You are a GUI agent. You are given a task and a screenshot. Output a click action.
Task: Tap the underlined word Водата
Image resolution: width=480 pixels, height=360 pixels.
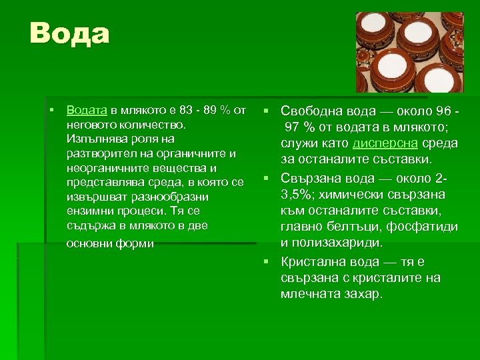87,109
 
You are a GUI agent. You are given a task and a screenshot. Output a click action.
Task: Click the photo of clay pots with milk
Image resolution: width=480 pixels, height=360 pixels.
419,52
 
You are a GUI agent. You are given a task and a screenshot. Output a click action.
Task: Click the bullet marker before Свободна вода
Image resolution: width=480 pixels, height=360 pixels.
265,110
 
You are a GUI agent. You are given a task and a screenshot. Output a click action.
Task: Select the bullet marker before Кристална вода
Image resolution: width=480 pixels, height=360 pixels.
265,261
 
